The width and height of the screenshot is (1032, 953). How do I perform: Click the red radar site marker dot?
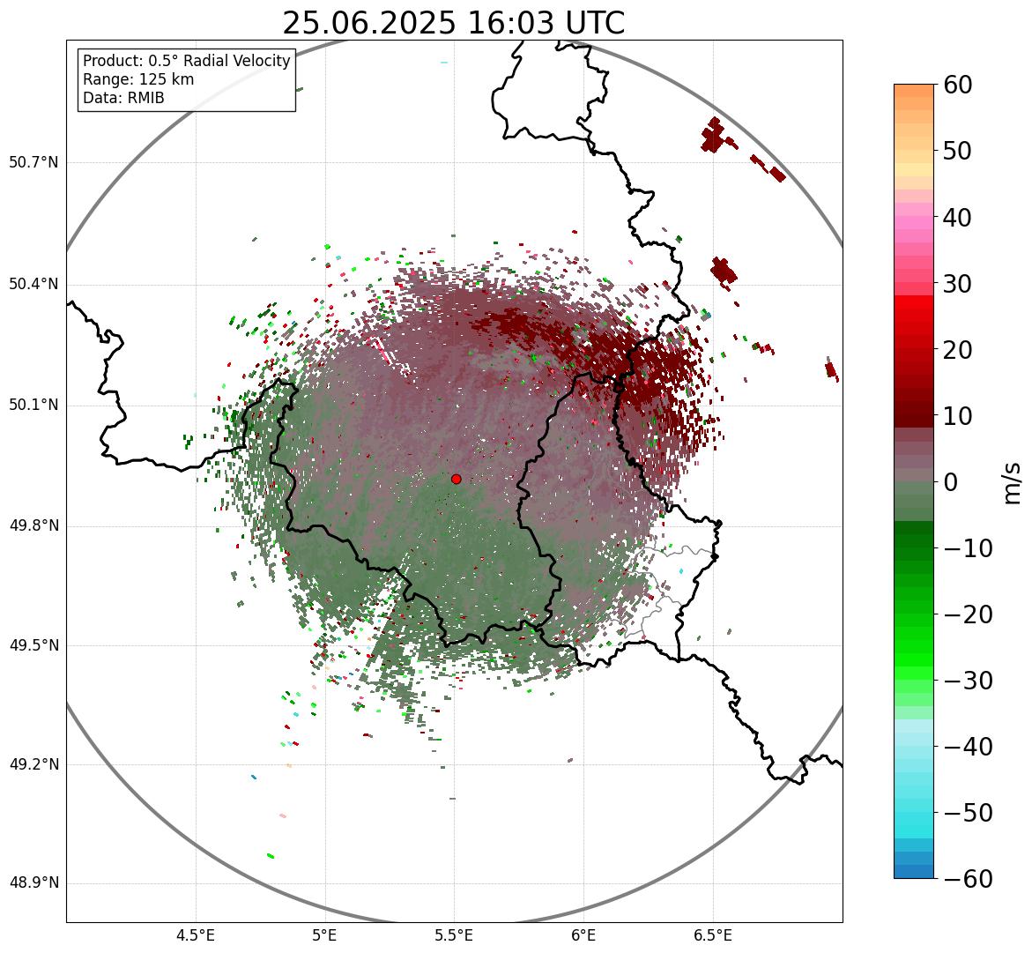(456, 479)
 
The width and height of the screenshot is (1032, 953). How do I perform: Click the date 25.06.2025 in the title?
(368, 23)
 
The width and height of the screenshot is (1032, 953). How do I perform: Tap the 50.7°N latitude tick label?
(33, 162)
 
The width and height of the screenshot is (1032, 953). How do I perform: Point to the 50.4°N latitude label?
(33, 284)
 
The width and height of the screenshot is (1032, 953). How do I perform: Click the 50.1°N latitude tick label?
(33, 406)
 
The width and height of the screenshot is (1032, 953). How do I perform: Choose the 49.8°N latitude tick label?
(33, 526)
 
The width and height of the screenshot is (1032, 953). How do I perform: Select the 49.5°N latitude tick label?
(33, 645)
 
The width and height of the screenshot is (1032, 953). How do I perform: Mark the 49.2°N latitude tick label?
(33, 764)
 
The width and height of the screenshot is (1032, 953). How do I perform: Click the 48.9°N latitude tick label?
(33, 883)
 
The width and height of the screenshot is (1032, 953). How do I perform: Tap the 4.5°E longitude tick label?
(196, 935)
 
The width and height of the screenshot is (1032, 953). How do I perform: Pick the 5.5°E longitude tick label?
(454, 935)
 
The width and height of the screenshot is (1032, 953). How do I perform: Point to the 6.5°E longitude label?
(712, 935)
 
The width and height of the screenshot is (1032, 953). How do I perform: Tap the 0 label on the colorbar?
(951, 482)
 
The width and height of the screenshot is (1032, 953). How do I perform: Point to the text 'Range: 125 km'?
(138, 79)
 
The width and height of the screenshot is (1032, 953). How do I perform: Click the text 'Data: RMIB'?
(123, 98)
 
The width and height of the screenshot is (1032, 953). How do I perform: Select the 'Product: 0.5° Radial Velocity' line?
(186, 61)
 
